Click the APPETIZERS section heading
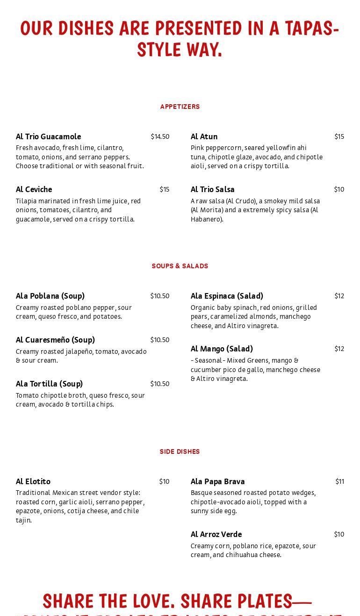tap(180, 107)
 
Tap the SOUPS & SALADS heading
tap(180, 266)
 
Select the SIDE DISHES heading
tap(180, 452)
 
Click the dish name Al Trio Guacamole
tap(49, 136)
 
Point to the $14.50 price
tap(160, 136)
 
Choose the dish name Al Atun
tap(204, 136)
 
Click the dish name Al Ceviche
tap(34, 189)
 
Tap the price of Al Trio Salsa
tap(339, 189)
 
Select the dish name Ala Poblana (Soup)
tap(50, 296)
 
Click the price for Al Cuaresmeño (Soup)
tap(160, 340)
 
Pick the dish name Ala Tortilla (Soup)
tap(49, 384)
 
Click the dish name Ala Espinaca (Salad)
tap(227, 296)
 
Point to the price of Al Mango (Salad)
tap(339, 349)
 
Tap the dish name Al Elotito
tap(33, 481)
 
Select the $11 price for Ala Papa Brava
tap(339, 481)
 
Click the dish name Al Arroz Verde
tap(216, 534)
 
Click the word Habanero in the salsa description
tap(206, 219)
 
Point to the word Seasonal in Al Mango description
tap(209, 360)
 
